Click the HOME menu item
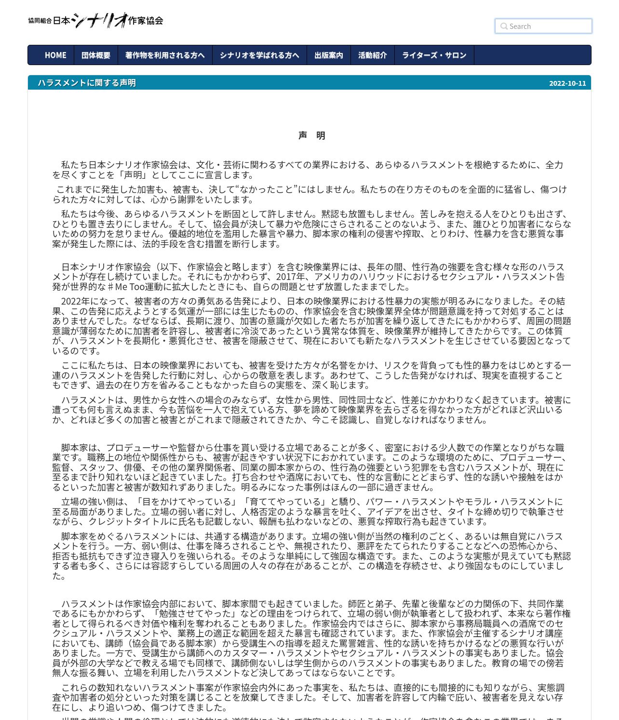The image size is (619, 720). point(55,55)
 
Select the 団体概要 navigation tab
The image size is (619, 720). point(96,55)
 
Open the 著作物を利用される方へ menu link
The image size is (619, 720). point(165,55)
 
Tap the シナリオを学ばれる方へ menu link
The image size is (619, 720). point(259,55)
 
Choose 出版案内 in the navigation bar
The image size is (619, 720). point(329,55)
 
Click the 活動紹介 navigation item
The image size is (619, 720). point(373,55)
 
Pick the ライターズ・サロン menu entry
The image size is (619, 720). point(434,55)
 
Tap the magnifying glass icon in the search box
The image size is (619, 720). point(504,27)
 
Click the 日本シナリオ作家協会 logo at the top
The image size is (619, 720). point(95,20)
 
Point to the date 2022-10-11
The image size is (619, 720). point(567,83)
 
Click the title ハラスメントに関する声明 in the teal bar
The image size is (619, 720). point(87,83)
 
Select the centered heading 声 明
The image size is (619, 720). point(312,135)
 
